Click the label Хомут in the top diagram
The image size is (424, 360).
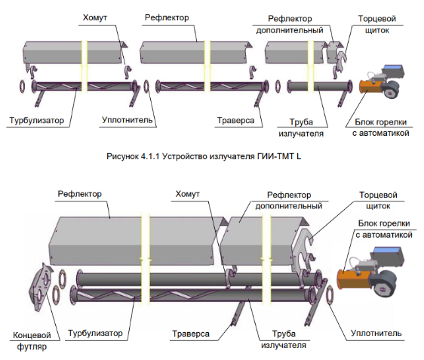pyautogui.click(x=94, y=18)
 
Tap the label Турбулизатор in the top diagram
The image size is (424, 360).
pyautogui.click(x=37, y=120)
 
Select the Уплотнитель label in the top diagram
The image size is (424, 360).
pyautogui.click(x=127, y=120)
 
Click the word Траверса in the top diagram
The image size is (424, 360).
pyautogui.click(x=236, y=120)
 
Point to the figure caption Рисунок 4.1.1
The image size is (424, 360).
pyautogui.click(x=204, y=156)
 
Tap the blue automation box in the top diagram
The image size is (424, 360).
pyautogui.click(x=394, y=67)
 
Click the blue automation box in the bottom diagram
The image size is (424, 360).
pyautogui.click(x=387, y=250)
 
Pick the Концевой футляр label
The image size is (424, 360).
pyautogui.click(x=32, y=341)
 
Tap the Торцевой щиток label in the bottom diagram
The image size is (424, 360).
pyautogui.click(x=378, y=201)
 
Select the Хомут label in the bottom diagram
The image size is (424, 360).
pyautogui.click(x=187, y=194)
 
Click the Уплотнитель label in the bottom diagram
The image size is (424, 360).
pyautogui.click(x=376, y=333)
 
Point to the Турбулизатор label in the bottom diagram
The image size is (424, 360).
pyautogui.click(x=95, y=333)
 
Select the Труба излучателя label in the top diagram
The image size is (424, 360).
pyautogui.click(x=301, y=128)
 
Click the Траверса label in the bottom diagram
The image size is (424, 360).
pyautogui.click(x=191, y=334)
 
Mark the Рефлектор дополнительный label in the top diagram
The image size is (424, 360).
pyautogui.click(x=290, y=24)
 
